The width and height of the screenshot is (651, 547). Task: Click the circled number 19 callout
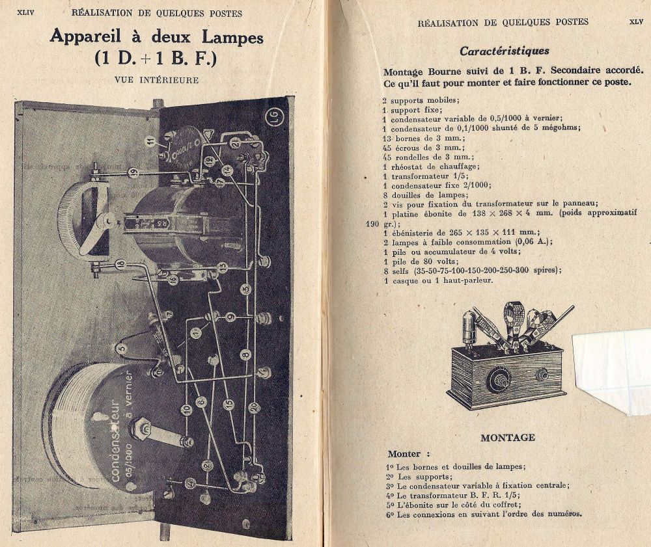(x=133, y=172)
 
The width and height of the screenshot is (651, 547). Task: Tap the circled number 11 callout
(x=151, y=140)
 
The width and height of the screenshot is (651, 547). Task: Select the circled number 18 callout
(x=120, y=263)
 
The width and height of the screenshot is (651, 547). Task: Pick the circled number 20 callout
(x=254, y=408)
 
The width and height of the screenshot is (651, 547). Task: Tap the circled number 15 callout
(x=229, y=404)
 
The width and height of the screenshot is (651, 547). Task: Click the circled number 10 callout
(x=186, y=409)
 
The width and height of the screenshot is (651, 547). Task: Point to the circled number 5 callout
(x=121, y=349)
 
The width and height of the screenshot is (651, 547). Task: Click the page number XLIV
(x=25, y=12)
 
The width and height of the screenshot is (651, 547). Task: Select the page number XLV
(x=636, y=21)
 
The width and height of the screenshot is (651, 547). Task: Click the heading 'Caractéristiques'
(x=504, y=51)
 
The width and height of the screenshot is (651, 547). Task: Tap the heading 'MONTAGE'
(x=508, y=438)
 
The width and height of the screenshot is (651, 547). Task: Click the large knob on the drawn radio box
(x=499, y=377)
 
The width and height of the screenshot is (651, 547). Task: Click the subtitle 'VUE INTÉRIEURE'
(x=156, y=80)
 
